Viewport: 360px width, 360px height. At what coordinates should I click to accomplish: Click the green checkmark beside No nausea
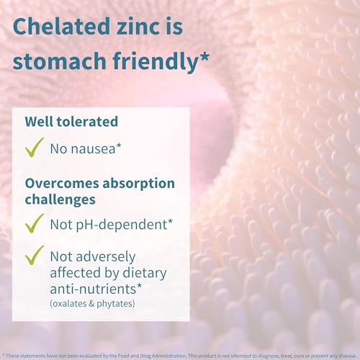pyautogui.click(x=34, y=148)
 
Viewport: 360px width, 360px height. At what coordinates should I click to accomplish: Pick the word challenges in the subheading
pyautogui.click(x=59, y=197)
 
